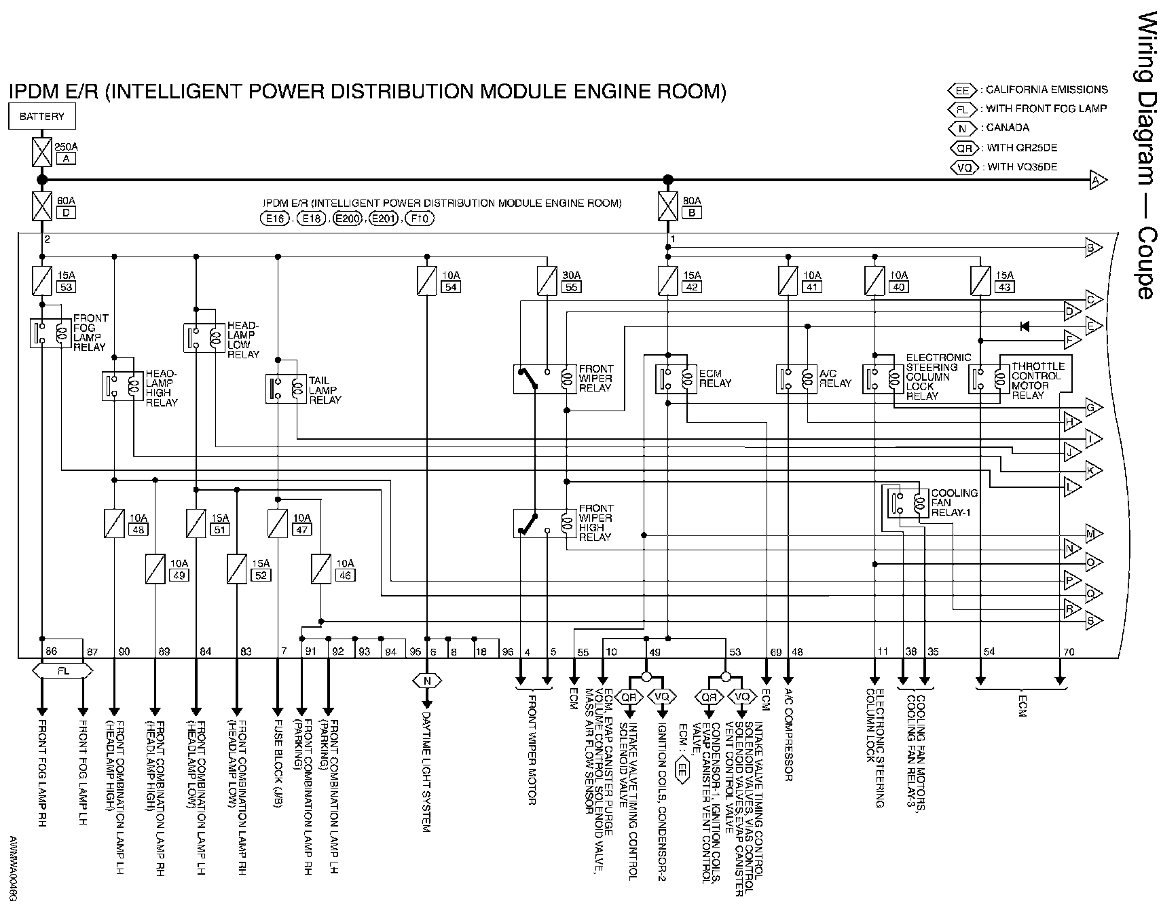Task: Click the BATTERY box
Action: click(x=41, y=117)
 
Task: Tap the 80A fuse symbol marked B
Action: click(x=668, y=206)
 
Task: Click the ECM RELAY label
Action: click(x=715, y=379)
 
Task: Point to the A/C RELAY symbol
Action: click(x=796, y=379)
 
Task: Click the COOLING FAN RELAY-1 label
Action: click(x=954, y=503)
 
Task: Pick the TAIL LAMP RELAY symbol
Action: click(x=286, y=389)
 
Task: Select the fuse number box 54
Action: click(x=451, y=287)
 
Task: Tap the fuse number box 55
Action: click(x=571, y=287)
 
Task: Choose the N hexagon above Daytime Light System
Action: click(x=427, y=681)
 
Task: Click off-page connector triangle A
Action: click(x=1097, y=180)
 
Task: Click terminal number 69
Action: click(x=775, y=652)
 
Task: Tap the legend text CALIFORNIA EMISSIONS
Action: click(x=1046, y=90)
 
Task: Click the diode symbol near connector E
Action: click(x=1025, y=326)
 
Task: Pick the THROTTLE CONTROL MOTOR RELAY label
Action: click(x=1037, y=381)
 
